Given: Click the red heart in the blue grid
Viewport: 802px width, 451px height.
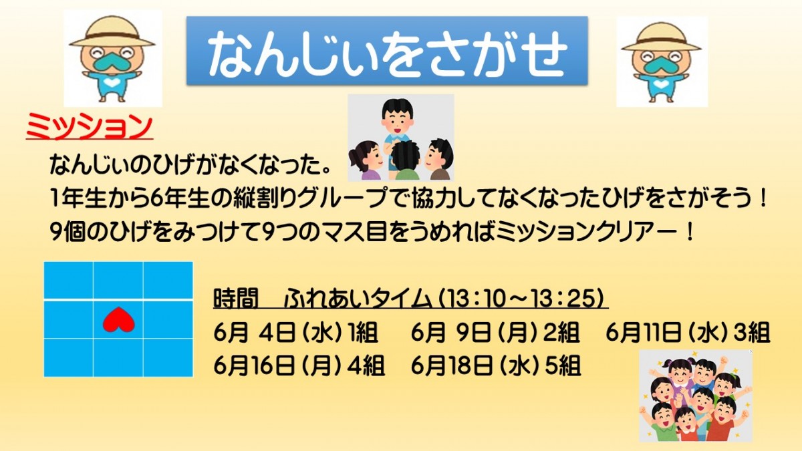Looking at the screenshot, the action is click(x=118, y=319).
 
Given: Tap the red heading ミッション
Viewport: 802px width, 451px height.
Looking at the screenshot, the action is click(x=90, y=126).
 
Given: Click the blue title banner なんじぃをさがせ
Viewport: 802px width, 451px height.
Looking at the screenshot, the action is click(x=387, y=51).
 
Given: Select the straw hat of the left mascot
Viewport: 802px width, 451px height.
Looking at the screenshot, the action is click(x=112, y=32).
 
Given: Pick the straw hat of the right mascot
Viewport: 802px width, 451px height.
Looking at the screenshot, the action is click(x=661, y=37).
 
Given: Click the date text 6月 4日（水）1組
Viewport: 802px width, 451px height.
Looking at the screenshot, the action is click(x=295, y=333).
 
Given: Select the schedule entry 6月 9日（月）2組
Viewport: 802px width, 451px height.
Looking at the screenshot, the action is click(x=495, y=333).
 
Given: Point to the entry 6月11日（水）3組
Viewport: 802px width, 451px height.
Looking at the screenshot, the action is click(x=688, y=333).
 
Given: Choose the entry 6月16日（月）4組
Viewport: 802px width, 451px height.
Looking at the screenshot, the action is click(x=299, y=365).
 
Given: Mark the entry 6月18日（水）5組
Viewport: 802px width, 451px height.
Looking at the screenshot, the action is click(x=495, y=365).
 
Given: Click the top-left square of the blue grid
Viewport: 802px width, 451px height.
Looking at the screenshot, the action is click(x=68, y=280).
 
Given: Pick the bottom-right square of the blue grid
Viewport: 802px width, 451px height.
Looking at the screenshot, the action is click(x=168, y=357).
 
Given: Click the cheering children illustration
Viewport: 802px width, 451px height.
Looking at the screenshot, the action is click(x=696, y=396).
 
